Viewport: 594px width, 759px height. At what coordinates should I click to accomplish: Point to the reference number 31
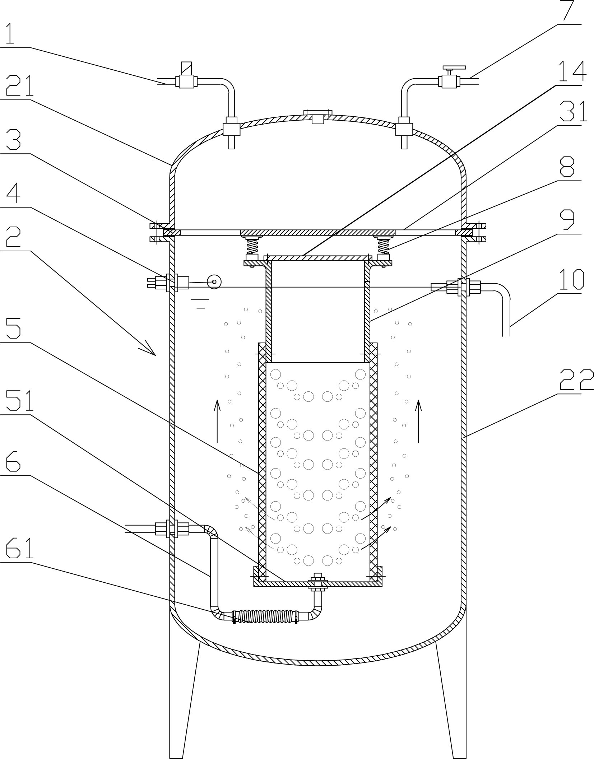573,112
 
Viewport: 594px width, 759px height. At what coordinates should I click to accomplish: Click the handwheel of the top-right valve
454,67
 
